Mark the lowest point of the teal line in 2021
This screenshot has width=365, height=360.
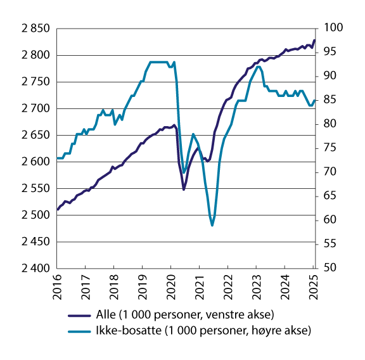[x=212, y=225]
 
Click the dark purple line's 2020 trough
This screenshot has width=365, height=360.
[x=184, y=190]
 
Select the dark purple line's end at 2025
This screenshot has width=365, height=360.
[x=314, y=41]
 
